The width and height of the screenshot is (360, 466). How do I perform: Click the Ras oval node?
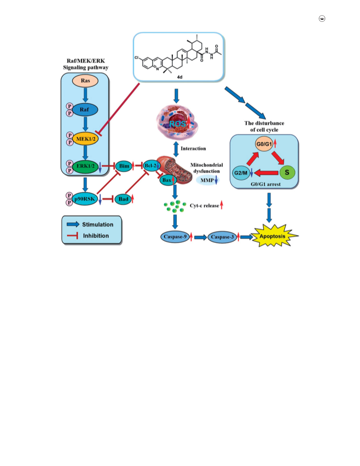[x=85, y=81]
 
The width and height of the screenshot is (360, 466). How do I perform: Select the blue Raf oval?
[x=85, y=110]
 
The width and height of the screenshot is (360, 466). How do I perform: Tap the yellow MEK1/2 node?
[x=86, y=139]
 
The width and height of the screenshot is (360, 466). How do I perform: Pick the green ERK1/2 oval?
[x=85, y=166]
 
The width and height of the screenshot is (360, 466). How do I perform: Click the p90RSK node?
[x=85, y=199]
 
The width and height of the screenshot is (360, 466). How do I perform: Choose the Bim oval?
[x=124, y=166]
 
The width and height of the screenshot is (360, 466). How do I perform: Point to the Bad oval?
[x=123, y=199]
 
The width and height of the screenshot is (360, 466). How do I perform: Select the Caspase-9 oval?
[x=175, y=237]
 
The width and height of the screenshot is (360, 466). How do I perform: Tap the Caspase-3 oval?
[x=222, y=237]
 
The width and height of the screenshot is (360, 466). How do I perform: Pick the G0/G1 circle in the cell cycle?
[x=264, y=144]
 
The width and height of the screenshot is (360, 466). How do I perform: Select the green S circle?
[x=287, y=173]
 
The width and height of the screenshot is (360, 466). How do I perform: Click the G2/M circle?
[x=241, y=173]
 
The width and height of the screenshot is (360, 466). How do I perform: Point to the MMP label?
[x=207, y=180]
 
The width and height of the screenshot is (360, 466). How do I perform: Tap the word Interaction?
[x=193, y=149]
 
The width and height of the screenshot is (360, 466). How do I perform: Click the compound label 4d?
[x=180, y=77]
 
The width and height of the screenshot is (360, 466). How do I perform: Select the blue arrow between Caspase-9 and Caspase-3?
[x=200, y=237]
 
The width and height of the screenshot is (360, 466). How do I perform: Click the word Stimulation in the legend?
[x=98, y=225]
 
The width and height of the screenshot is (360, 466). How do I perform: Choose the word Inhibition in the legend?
[x=96, y=236]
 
